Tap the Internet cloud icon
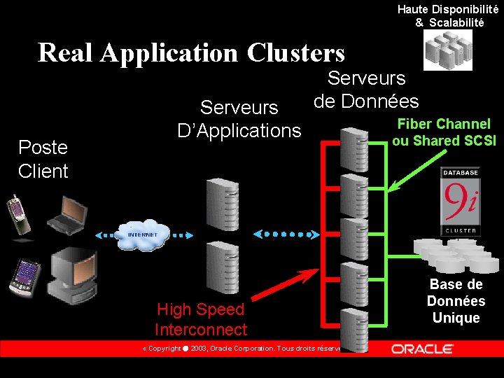pyautogui.click(x=143, y=235)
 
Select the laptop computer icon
pyautogui.click(x=68, y=213)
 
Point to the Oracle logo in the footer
pyautogui.click(x=422, y=349)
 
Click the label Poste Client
pyautogui.click(x=43, y=159)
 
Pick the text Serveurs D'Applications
pyautogui.click(x=239, y=119)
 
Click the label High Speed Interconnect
pyautogui.click(x=201, y=319)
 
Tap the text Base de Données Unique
pyautogui.click(x=456, y=301)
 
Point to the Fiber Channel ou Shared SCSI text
pyautogui.click(x=444, y=132)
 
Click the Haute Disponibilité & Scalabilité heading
pyautogui.click(x=448, y=15)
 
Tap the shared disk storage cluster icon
pyautogui.click(x=455, y=255)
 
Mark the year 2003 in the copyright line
pyautogui.click(x=198, y=349)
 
